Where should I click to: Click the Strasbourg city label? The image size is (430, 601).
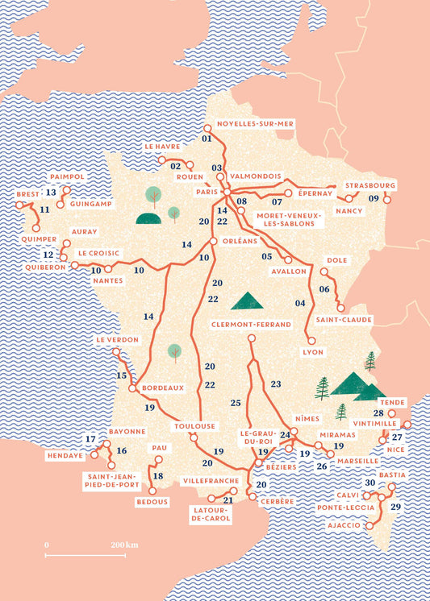[370, 185]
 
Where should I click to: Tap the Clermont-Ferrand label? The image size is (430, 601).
[251, 324]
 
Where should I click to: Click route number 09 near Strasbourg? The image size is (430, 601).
[374, 199]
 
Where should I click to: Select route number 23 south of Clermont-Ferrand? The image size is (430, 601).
[276, 384]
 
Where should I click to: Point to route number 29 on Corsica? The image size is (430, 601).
[395, 507]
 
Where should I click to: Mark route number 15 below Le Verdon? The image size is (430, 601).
[122, 375]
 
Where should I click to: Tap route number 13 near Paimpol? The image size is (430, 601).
[50, 193]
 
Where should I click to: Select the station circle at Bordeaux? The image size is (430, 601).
[132, 388]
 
